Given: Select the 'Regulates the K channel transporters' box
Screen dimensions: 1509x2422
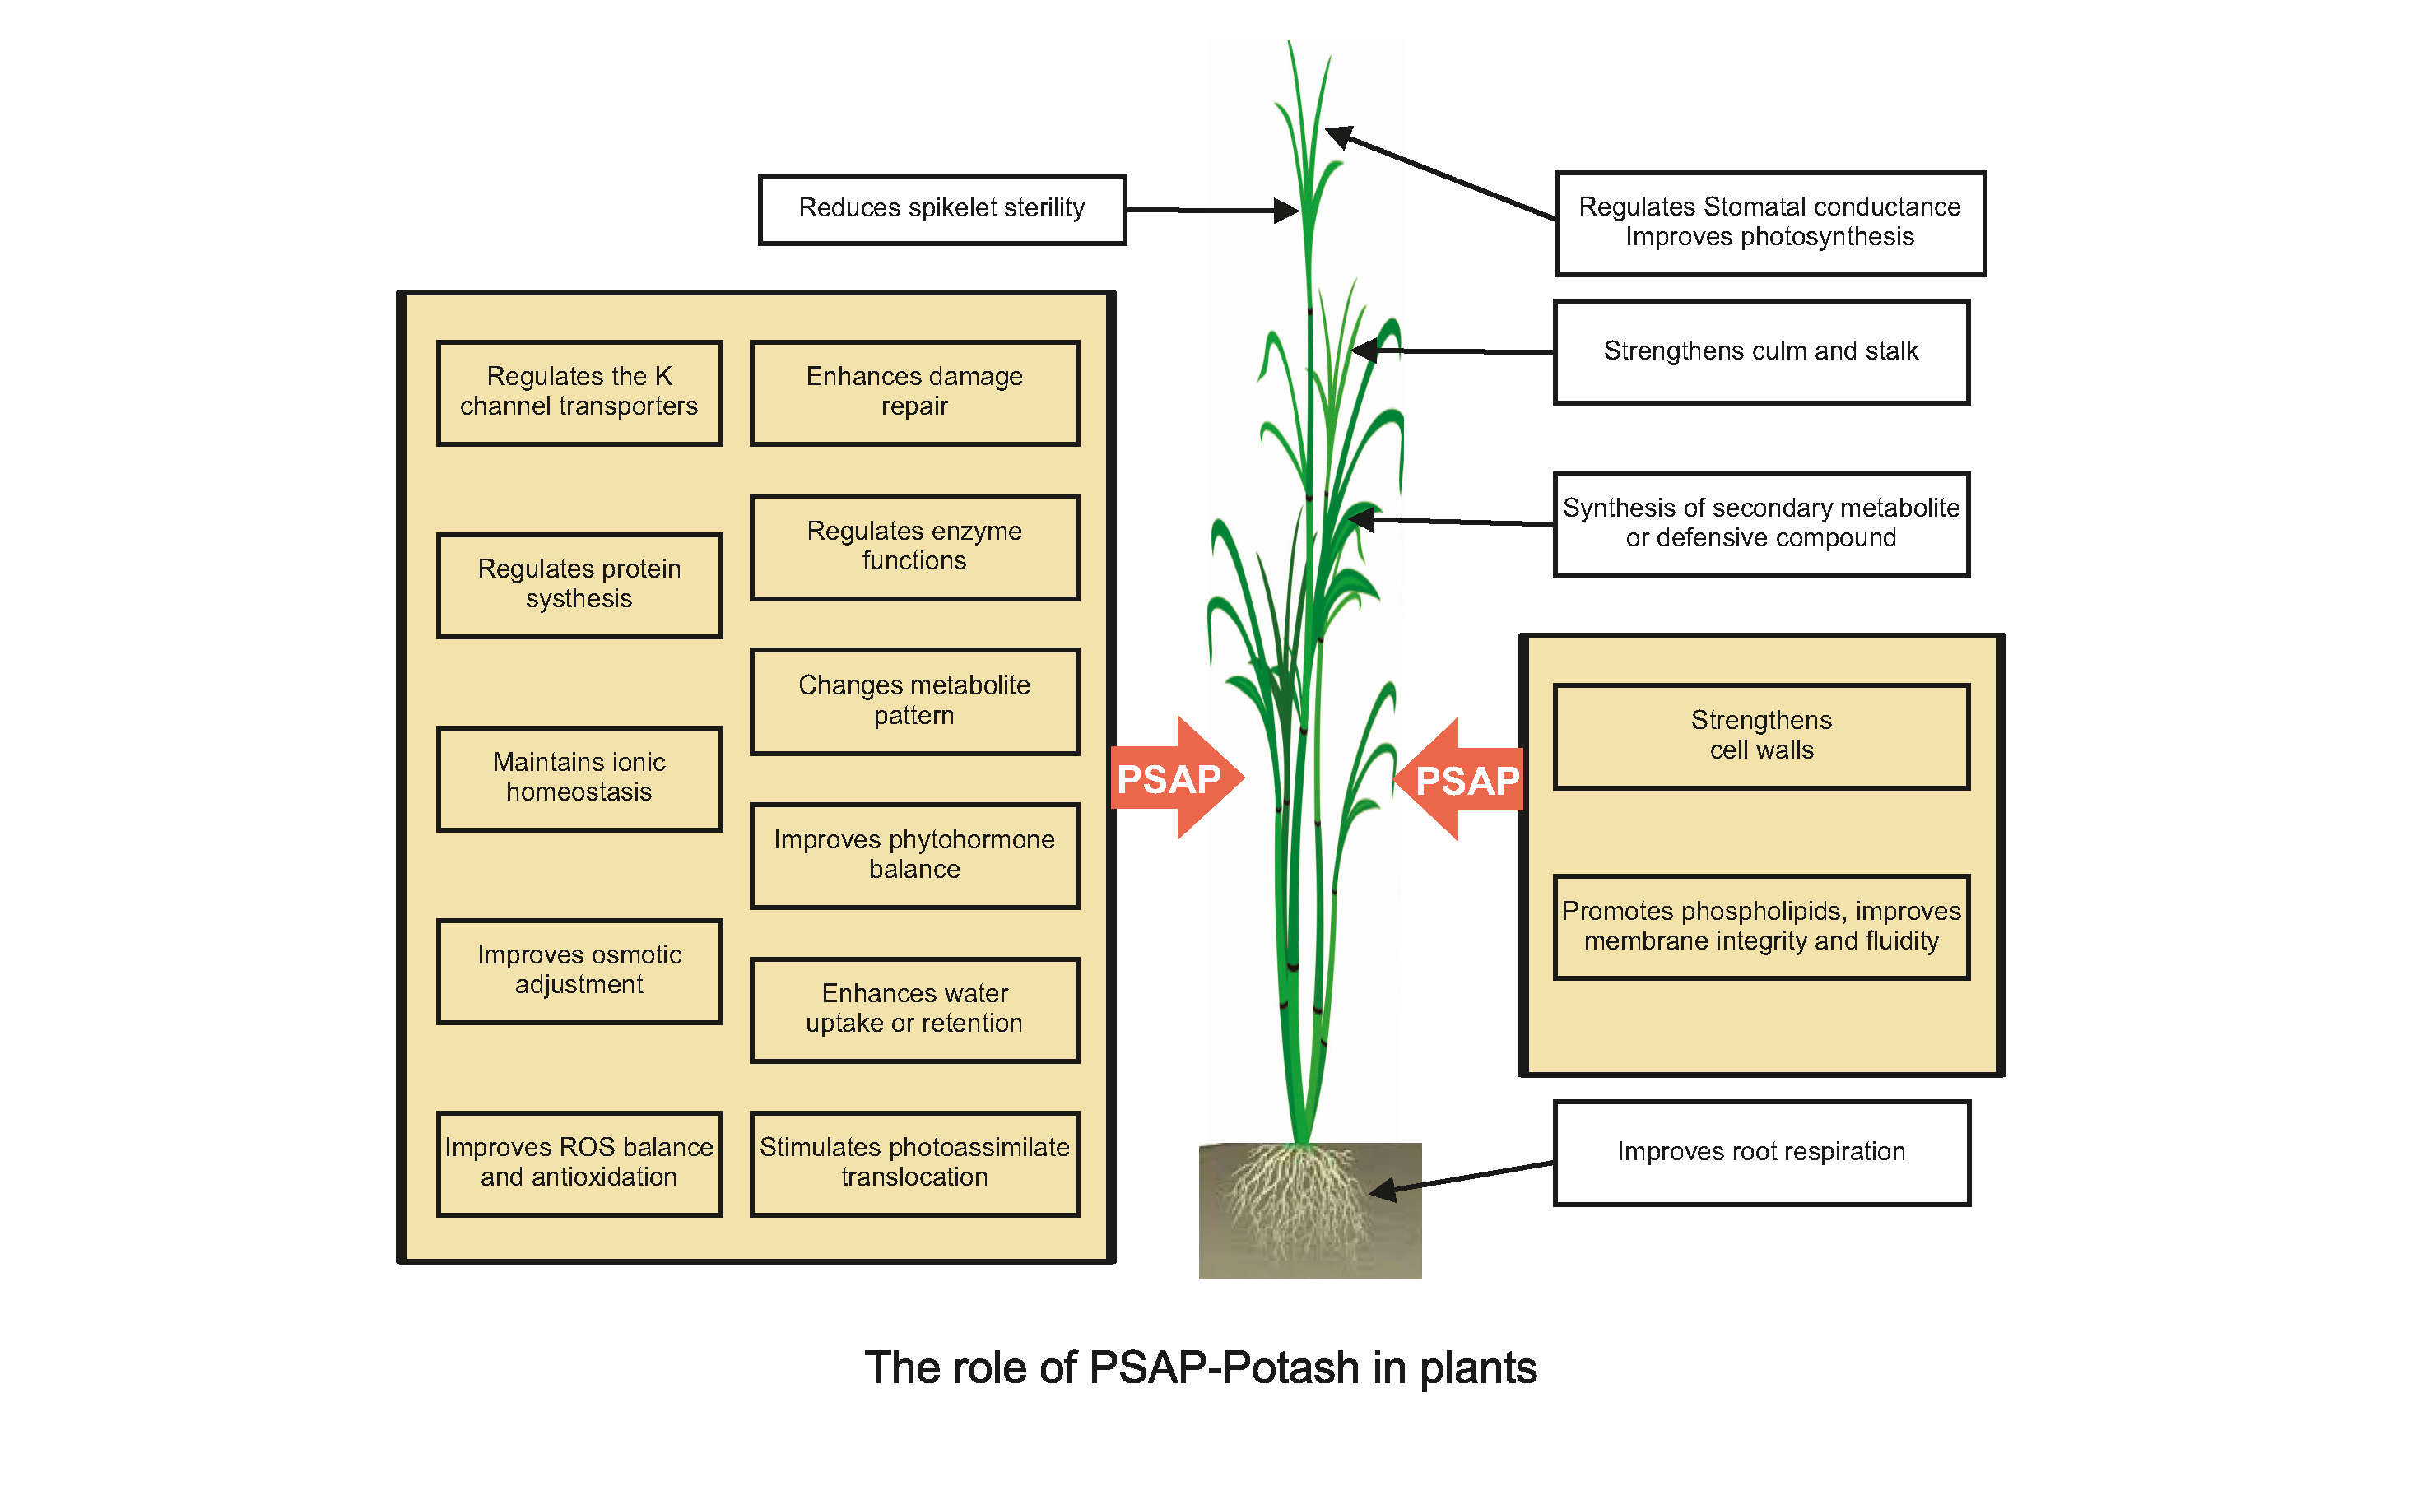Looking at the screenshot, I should click(579, 392).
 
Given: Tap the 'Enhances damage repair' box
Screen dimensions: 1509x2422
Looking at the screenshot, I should click(914, 392).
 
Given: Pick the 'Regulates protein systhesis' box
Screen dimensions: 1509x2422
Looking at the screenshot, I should click(579, 585).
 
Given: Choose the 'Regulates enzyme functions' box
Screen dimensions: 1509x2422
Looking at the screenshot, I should click(914, 547).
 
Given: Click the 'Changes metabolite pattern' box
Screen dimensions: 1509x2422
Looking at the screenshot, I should click(914, 702).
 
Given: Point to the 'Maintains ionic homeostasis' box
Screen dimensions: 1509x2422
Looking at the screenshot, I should click(579, 778).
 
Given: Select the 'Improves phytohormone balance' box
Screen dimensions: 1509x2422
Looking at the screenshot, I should click(914, 856).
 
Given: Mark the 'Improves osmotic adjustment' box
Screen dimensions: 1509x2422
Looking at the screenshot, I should click(579, 971).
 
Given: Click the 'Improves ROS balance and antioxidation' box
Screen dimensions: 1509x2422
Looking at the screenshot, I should click(579, 1163).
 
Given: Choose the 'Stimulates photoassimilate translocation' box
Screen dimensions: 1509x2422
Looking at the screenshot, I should click(914, 1163).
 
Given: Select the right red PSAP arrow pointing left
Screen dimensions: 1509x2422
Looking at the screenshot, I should click(1462, 779).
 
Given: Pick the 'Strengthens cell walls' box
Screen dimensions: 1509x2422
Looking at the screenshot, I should click(1760, 736).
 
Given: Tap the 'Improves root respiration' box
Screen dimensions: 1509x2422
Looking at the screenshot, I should click(1760, 1153).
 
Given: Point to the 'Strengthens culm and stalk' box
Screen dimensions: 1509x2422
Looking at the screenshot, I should click(1760, 352).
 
